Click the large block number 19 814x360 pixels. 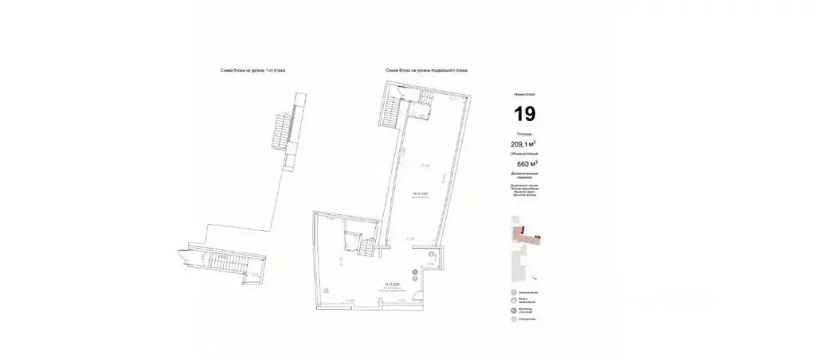pos(524,113)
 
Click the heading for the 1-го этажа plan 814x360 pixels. pos(252,71)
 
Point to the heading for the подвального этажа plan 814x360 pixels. pos(427,71)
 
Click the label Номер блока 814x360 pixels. pos(524,94)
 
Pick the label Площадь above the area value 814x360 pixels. pos(524,134)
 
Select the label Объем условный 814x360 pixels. pos(524,153)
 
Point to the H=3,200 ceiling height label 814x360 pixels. pos(391,283)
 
